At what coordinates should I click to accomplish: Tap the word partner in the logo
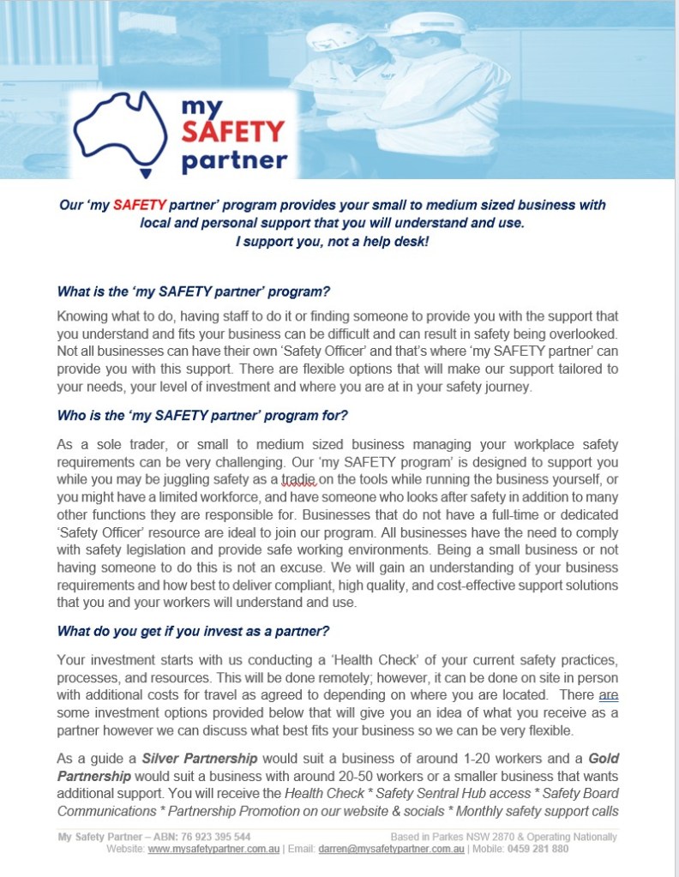233,159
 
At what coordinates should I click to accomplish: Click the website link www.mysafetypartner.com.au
214,849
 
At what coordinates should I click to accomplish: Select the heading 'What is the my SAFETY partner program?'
193,291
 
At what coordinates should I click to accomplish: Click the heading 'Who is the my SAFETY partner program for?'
202,416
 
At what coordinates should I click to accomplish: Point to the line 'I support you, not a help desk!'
331,241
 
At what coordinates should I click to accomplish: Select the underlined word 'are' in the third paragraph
608,696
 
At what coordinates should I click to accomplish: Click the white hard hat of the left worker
336,37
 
